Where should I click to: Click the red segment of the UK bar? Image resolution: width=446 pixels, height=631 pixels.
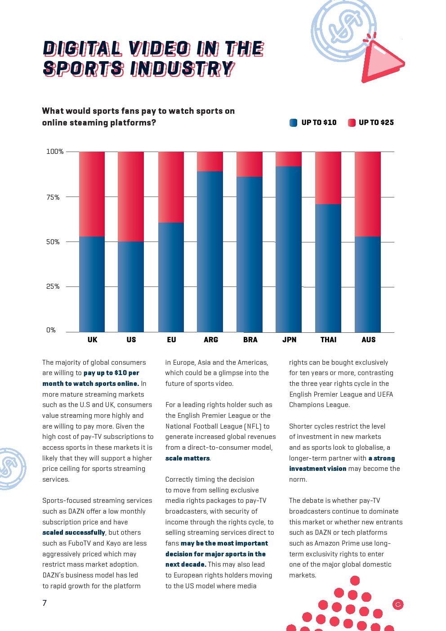[x=92, y=194]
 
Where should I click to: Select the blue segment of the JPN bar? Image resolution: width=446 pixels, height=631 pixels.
[x=289, y=249]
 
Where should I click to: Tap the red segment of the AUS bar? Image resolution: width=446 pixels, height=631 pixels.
[x=368, y=194]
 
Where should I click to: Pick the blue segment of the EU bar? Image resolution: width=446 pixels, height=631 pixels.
[x=171, y=277]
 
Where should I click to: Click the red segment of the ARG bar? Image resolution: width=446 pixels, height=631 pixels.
[x=210, y=161]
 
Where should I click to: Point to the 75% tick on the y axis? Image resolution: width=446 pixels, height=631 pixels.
[x=53, y=197]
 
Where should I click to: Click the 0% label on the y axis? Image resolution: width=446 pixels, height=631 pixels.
[x=51, y=330]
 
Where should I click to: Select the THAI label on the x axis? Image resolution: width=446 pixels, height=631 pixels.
[x=328, y=340]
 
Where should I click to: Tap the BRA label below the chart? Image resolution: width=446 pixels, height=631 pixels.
[x=250, y=340]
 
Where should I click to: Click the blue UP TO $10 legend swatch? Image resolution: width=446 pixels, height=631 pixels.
[x=294, y=122]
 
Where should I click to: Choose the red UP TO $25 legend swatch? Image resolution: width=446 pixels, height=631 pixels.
[x=352, y=122]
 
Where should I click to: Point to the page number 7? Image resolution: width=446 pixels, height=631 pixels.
[x=45, y=603]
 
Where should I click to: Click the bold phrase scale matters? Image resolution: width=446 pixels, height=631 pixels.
[x=187, y=458]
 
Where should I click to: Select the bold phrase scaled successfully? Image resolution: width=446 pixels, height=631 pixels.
[x=74, y=533]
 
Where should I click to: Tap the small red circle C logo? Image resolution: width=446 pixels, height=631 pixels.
[x=398, y=604]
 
